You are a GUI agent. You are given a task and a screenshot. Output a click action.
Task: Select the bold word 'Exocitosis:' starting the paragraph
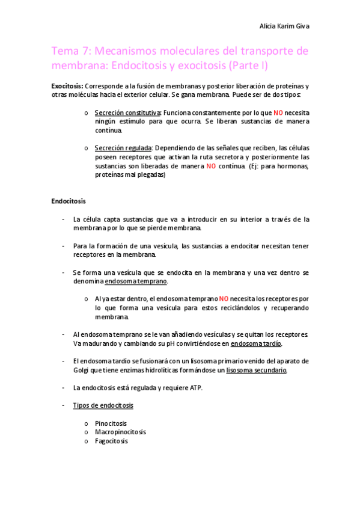pyautogui.click(x=67, y=87)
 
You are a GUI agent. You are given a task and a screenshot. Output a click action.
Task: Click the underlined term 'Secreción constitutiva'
pyautogui.click(x=127, y=112)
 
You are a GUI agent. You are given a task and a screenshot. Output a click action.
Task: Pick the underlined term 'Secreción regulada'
pyautogui.click(x=123, y=148)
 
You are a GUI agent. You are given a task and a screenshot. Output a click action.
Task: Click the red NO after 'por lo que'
pyautogui.click(x=278, y=112)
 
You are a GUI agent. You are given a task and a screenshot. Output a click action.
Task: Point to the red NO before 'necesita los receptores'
pyautogui.click(x=224, y=298)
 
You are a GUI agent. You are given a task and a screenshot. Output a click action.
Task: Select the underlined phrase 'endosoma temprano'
pyautogui.click(x=136, y=281)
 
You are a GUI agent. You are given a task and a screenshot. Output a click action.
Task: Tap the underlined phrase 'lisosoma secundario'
pyautogui.click(x=257, y=370)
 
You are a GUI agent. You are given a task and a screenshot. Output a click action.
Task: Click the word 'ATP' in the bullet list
pyautogui.click(x=194, y=387)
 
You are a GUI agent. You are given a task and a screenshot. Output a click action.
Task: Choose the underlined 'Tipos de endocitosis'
pyautogui.click(x=103, y=405)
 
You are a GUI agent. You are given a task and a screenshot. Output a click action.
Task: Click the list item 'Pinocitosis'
pyautogui.click(x=111, y=423)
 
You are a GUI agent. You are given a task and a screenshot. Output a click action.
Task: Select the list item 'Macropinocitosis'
pyautogui.click(x=120, y=432)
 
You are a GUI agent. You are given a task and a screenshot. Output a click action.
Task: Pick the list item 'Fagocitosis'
pyautogui.click(x=111, y=441)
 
